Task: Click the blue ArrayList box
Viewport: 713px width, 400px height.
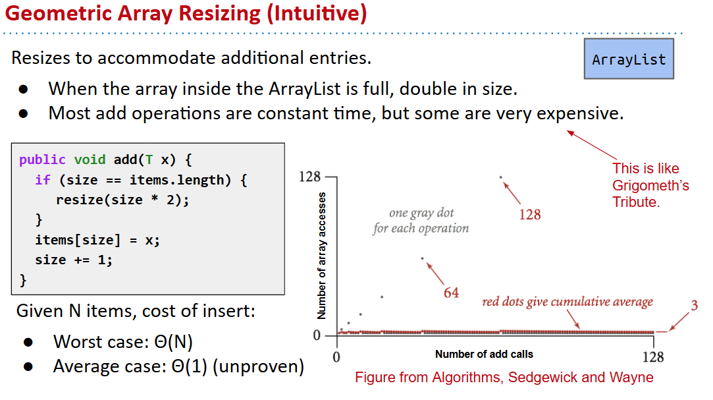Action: (x=629, y=59)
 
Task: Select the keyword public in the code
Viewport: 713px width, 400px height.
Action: (x=42, y=159)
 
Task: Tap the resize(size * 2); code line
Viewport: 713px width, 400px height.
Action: (x=122, y=200)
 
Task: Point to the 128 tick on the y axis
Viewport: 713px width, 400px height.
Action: (x=309, y=177)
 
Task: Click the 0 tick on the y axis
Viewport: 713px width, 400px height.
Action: (x=317, y=335)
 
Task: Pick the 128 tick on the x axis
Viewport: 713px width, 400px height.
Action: (x=653, y=357)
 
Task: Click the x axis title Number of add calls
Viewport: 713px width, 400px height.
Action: (x=484, y=354)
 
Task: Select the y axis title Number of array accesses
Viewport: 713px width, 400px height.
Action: (x=321, y=255)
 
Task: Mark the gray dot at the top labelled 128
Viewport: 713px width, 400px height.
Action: (x=500, y=177)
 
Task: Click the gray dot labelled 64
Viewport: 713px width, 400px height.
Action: (x=423, y=258)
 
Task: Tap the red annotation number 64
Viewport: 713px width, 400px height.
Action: (x=451, y=293)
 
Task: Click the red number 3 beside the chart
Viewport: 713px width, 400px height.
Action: (x=694, y=305)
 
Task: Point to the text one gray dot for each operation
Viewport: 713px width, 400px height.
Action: (x=421, y=221)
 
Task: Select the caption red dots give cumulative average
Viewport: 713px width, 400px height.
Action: (x=568, y=302)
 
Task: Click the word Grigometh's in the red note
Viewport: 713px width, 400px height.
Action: (x=650, y=186)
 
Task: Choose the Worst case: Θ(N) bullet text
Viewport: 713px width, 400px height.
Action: (x=122, y=341)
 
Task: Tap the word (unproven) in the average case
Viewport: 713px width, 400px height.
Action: (x=258, y=366)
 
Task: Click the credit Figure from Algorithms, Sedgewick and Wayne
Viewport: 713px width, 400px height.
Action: (x=504, y=377)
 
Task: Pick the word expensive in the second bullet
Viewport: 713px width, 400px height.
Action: (x=580, y=114)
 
